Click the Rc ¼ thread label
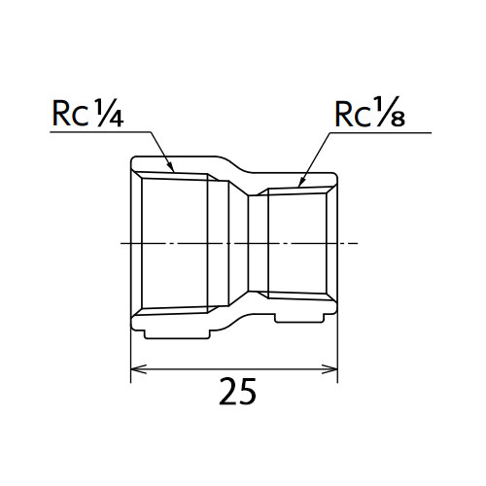(x=87, y=114)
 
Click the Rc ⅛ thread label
(x=369, y=112)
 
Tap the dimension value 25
(x=237, y=391)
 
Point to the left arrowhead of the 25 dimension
(x=138, y=368)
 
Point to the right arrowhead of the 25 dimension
(x=330, y=368)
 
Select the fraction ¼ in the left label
(x=109, y=113)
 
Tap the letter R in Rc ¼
(x=61, y=114)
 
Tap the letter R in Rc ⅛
(x=344, y=115)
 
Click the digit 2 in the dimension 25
(x=227, y=391)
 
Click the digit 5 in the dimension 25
(x=247, y=392)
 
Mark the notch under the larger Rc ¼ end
(x=177, y=334)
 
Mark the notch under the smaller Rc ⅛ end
(x=299, y=319)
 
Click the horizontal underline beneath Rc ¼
(x=100, y=132)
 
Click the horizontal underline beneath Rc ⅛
(x=381, y=132)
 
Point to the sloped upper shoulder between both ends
(x=234, y=165)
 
